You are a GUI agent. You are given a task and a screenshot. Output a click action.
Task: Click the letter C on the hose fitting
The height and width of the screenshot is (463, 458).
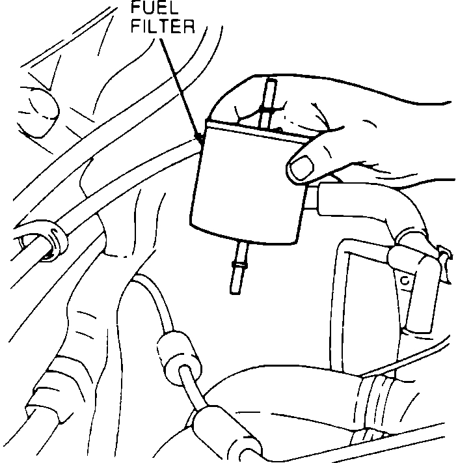tap(405, 281)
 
